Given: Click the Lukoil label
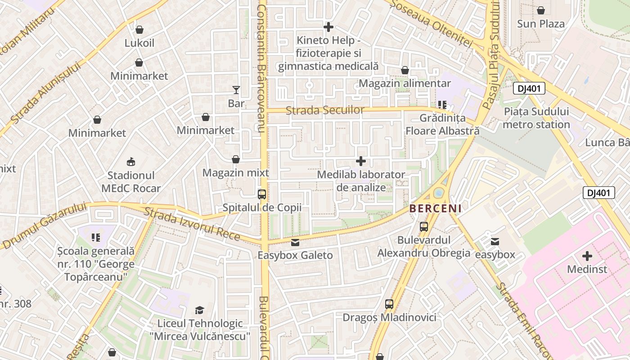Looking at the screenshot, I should tap(139, 43).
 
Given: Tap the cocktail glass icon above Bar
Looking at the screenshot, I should tap(236, 90).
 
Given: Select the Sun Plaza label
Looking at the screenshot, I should tap(540, 23).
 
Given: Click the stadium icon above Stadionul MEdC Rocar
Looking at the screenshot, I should tap(131, 161).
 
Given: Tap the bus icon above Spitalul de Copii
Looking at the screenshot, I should tap(261, 194).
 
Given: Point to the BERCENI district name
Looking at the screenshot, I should tap(435, 208).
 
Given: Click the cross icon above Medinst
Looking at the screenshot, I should tap(587, 256).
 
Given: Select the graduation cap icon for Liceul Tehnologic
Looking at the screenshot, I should tap(199, 310).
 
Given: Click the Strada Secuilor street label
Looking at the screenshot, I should tap(325, 110).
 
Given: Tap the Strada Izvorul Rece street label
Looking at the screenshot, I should tap(192, 224).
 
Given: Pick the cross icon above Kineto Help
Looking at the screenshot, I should tap(328, 27).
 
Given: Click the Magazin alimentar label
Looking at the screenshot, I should tap(405, 84).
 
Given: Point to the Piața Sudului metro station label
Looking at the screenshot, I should tap(536, 118).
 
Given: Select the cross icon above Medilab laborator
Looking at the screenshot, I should tap(361, 161).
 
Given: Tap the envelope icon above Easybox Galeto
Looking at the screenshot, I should tap(295, 243).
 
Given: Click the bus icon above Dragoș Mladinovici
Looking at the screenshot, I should tap(389, 304).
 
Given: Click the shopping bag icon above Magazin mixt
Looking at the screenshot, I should tap(235, 159).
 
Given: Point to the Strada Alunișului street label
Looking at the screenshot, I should tap(45, 93).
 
